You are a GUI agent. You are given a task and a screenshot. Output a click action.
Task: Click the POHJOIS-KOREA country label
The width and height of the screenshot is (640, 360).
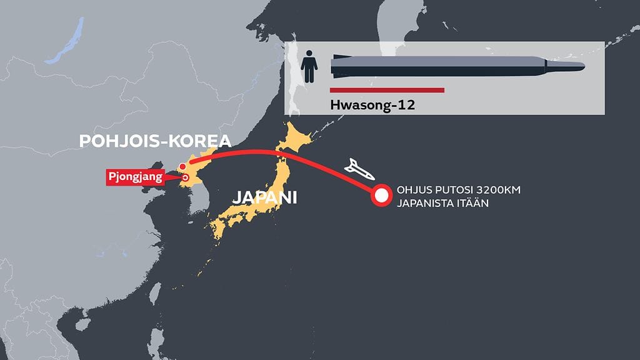pos(155,141)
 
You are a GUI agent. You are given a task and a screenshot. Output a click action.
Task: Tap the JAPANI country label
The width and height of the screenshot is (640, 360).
pos(264,197)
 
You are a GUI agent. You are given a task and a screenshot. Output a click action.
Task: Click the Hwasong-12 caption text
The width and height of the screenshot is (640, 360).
pos(372,105)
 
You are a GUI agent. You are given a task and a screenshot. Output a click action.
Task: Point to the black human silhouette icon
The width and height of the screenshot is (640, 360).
pos(309,67)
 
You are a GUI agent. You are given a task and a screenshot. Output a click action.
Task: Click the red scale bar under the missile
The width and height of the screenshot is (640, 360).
pos(387,91)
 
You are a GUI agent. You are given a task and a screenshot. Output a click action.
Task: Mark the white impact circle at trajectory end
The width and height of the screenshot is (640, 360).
pos(381,196)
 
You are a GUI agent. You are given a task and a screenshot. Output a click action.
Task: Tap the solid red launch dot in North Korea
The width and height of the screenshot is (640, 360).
pos(182,167)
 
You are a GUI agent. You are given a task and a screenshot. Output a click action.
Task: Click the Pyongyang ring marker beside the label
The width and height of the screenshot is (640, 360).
pos(185,177)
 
